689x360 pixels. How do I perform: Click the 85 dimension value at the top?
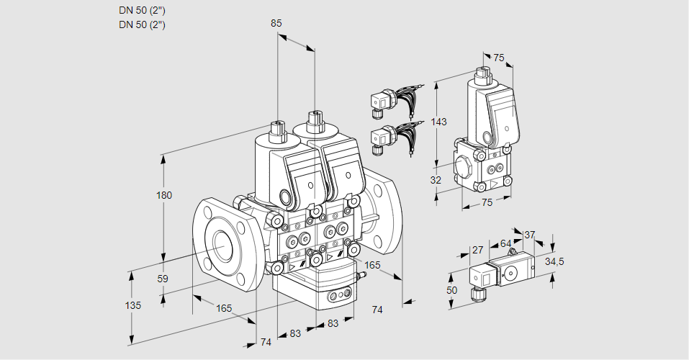[x=276, y=24]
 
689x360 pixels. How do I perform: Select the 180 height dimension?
[x=165, y=196]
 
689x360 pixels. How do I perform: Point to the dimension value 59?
[x=163, y=279]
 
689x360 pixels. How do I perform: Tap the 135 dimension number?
[x=132, y=305]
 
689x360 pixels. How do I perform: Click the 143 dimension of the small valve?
[x=438, y=122]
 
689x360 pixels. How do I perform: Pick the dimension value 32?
[x=436, y=180]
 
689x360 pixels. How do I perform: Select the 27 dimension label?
[x=477, y=250]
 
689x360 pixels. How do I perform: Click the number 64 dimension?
[x=505, y=243]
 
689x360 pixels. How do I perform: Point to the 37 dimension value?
[x=529, y=235]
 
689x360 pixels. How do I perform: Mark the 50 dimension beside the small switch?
[x=451, y=289]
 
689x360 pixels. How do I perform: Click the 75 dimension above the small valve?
[x=499, y=58]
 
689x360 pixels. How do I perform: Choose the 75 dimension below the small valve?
[x=487, y=203]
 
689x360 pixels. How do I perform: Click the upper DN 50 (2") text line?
[x=142, y=11]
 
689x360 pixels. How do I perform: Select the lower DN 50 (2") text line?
[x=142, y=24]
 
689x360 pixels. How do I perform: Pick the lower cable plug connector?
[x=379, y=137]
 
